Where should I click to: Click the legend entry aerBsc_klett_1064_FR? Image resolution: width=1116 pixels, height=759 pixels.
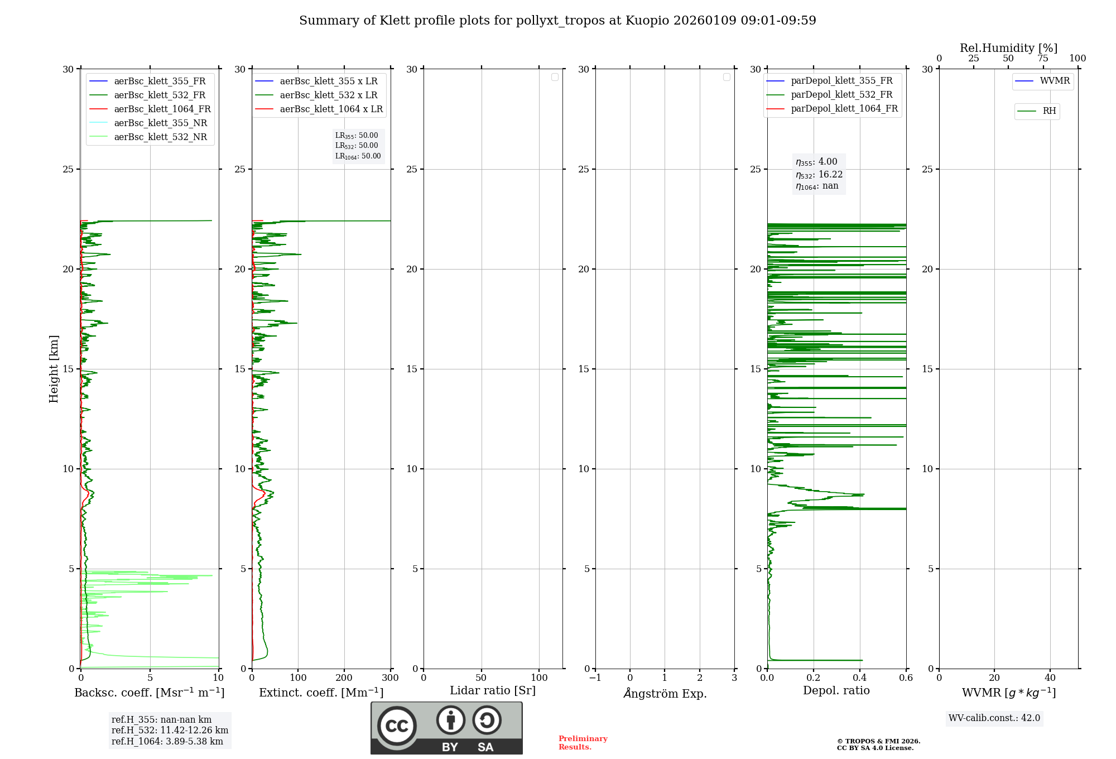[162, 109]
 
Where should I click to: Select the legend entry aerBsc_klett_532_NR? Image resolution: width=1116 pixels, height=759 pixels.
[160, 137]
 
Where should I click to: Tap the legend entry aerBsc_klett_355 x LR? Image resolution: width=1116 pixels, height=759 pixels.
[328, 81]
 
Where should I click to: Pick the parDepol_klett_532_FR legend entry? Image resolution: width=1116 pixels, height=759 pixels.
[841, 95]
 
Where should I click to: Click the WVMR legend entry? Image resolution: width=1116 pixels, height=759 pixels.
[1055, 81]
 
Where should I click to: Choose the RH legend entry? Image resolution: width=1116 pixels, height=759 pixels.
[1049, 111]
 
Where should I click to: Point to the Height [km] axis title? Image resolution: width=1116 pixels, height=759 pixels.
[54, 369]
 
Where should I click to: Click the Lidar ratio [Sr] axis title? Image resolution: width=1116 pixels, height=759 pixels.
[493, 691]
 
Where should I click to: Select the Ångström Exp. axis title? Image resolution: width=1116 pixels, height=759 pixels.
[665, 694]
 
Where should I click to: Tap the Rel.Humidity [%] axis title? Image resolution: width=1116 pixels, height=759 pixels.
[1008, 48]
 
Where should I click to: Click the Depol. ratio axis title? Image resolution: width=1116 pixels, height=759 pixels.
[836, 691]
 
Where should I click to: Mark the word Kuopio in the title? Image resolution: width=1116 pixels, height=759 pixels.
[647, 21]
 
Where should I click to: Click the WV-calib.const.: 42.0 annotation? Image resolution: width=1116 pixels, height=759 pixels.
[994, 718]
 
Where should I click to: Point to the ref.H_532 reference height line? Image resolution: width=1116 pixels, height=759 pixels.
[170, 731]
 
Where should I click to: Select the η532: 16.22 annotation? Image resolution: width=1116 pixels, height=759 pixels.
[819, 175]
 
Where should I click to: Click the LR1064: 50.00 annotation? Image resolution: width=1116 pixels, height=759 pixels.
[358, 156]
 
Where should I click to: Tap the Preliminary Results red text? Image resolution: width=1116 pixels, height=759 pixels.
[583, 743]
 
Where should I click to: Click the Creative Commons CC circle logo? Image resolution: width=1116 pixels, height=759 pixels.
[397, 726]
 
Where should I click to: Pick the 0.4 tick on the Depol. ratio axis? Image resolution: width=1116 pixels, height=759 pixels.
[860, 678]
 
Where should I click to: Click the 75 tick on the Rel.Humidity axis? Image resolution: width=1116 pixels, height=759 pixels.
[1043, 59]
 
